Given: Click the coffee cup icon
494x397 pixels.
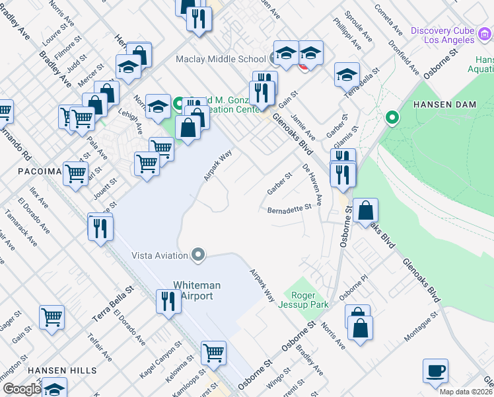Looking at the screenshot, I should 435,371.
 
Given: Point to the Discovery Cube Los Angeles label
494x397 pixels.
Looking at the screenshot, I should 442,35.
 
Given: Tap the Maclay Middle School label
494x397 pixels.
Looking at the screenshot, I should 221,60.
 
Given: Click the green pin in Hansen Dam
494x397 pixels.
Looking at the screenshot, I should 392,118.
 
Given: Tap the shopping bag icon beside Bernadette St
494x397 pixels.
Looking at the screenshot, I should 365,211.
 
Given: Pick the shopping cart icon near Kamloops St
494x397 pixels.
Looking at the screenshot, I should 213,353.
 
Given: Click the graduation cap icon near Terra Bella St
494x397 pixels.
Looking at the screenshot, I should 347,75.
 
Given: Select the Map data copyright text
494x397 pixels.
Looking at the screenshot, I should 466,392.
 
